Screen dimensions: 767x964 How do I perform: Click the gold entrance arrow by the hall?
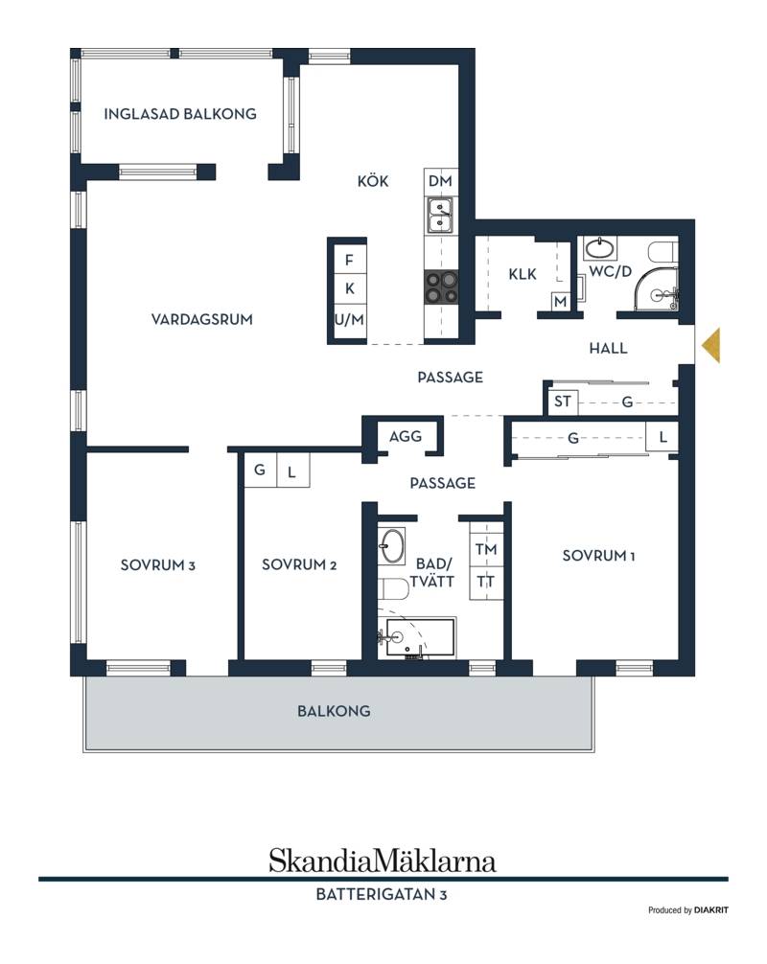(711, 345)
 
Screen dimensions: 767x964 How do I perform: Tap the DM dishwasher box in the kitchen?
(440, 181)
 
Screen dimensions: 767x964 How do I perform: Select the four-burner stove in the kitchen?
(441, 287)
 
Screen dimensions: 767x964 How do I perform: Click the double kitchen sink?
(440, 216)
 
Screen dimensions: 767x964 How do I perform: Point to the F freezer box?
(349, 260)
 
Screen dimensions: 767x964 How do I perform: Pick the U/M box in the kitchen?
(349, 320)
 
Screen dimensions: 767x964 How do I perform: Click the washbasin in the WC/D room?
(600, 248)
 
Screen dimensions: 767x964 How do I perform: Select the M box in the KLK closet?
(560, 302)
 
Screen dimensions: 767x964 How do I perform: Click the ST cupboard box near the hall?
(562, 402)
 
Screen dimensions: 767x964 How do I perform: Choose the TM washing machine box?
(486, 549)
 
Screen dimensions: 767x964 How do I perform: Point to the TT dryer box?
(486, 582)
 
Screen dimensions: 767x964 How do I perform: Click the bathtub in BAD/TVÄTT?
(416, 637)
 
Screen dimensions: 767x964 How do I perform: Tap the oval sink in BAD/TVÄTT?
(391, 545)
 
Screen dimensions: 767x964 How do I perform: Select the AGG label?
(406, 437)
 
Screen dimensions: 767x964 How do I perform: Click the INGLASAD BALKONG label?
(179, 114)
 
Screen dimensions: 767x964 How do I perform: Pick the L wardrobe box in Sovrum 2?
(292, 471)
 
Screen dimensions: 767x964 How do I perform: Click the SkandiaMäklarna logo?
(383, 861)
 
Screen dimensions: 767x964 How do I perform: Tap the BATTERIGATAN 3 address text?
(382, 895)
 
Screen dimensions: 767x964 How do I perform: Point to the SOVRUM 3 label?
(158, 565)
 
